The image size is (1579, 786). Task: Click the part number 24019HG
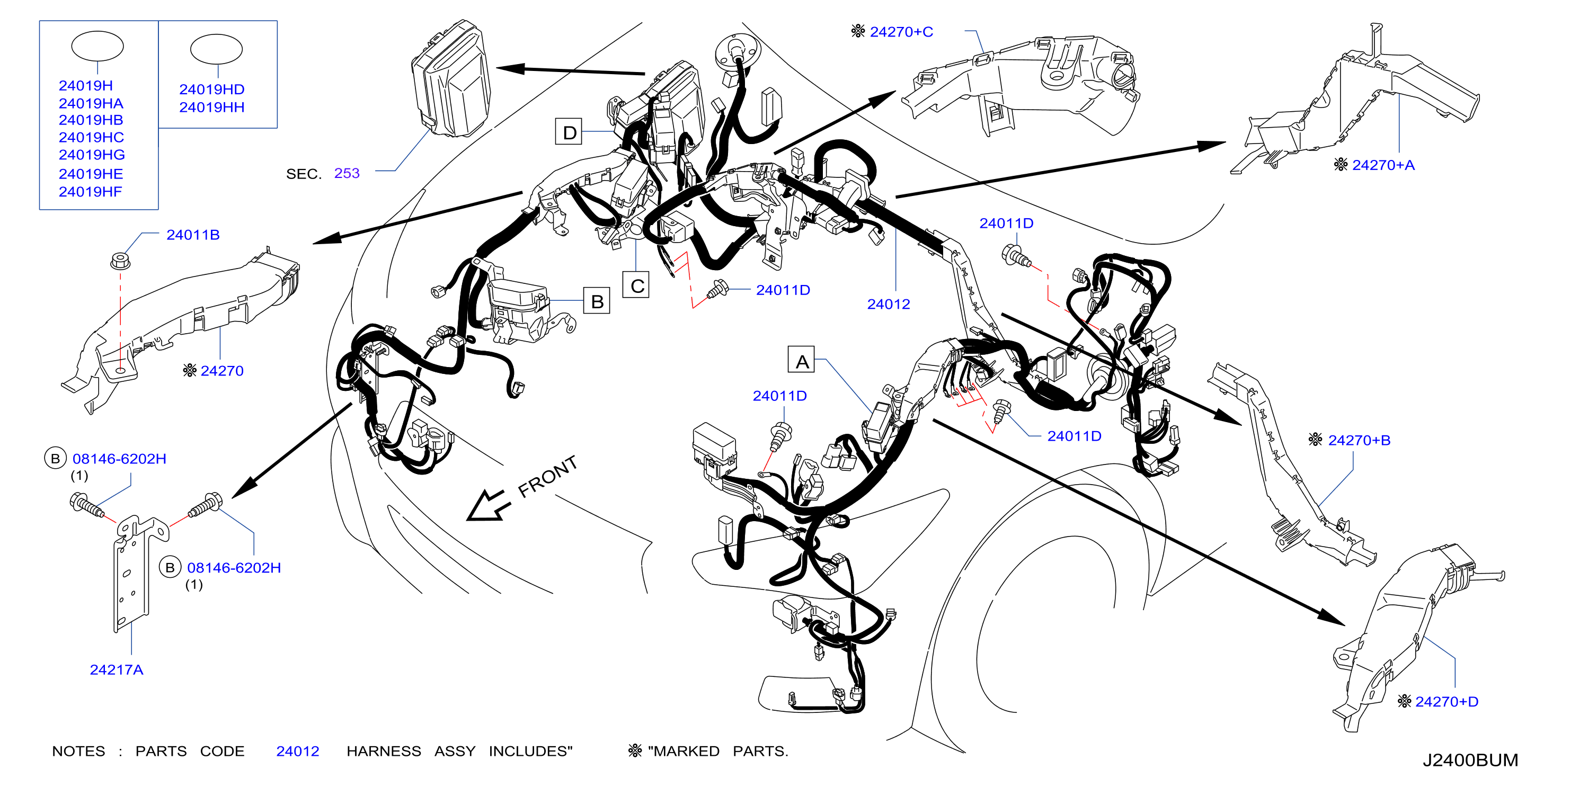91,155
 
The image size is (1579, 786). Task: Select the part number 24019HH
211,107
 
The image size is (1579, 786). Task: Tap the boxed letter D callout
569,132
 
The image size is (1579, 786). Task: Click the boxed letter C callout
636,285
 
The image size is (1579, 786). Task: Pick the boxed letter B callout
597,300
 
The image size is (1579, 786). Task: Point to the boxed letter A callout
801,360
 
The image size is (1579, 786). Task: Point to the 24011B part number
192,235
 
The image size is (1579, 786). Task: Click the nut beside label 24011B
120,261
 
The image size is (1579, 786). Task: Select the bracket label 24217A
117,669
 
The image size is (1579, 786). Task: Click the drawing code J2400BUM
1470,760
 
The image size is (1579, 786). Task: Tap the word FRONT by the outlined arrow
547,477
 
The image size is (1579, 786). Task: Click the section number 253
347,173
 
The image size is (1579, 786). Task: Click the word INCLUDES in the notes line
530,751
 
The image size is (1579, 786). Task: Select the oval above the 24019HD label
216,49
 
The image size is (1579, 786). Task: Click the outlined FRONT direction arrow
489,505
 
